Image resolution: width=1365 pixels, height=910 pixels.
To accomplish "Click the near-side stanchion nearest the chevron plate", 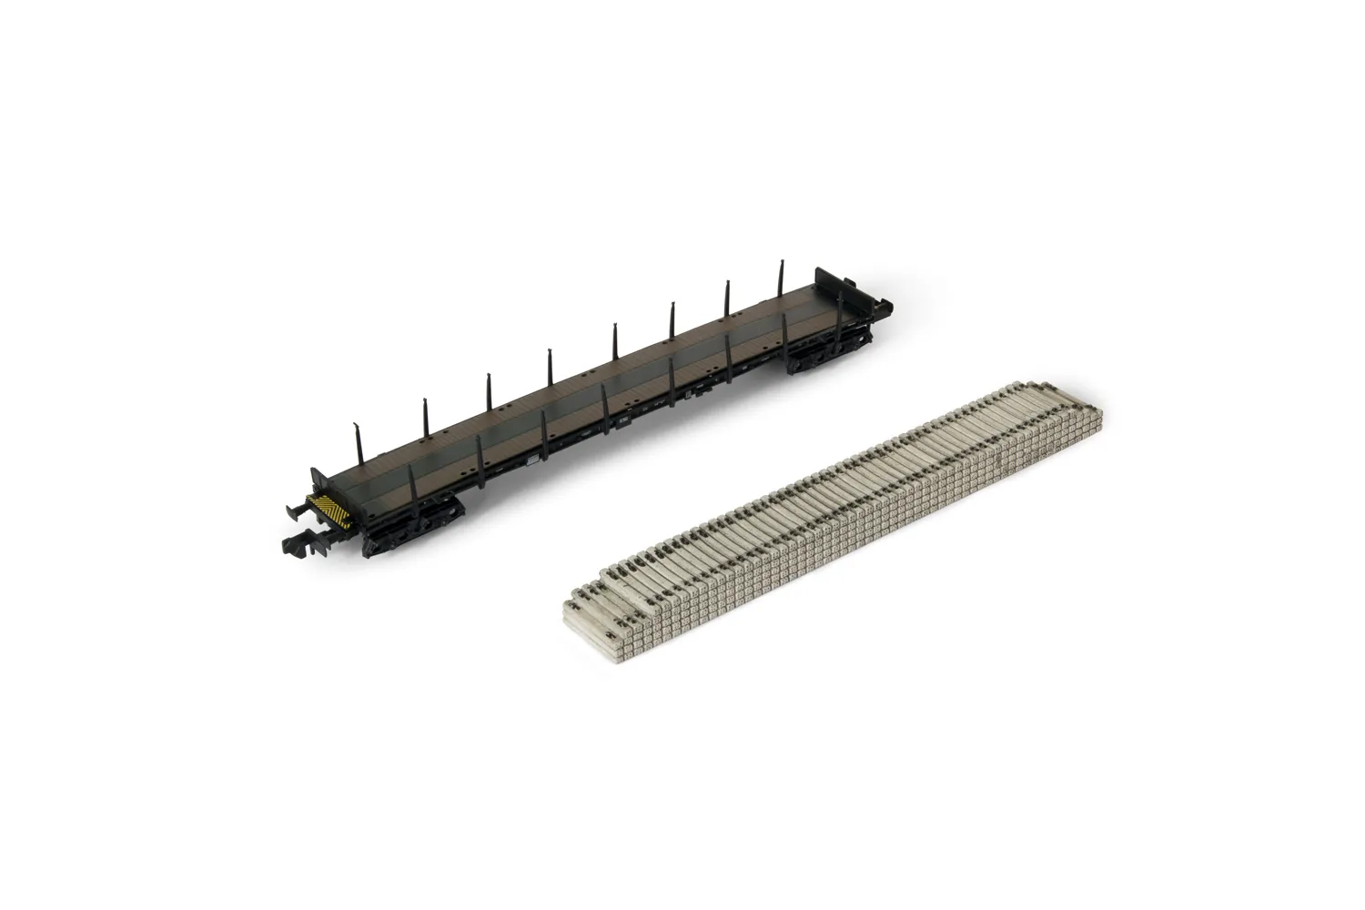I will click(x=412, y=491).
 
